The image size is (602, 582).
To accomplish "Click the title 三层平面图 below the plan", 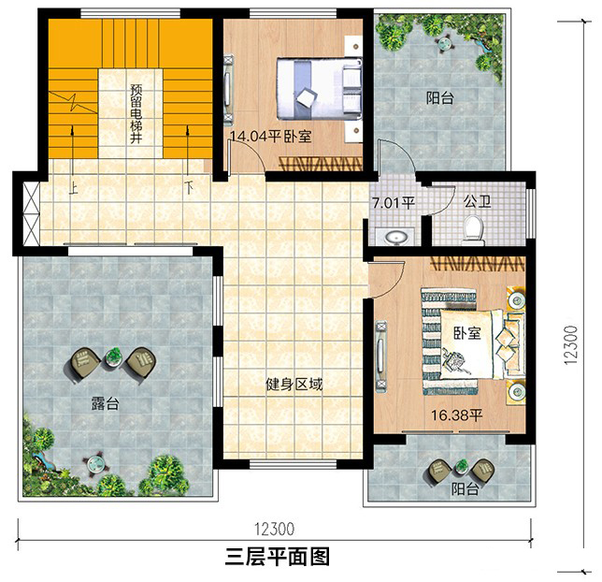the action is (x=278, y=557).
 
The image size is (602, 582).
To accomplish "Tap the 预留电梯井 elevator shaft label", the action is (x=136, y=114).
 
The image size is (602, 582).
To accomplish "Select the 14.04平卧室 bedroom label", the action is (x=271, y=137).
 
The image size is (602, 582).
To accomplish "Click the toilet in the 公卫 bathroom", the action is (x=473, y=230).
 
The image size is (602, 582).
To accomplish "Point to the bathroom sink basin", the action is (x=395, y=237).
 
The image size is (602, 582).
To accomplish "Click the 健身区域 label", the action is (x=294, y=384).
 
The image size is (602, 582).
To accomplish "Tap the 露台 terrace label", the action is (x=105, y=403).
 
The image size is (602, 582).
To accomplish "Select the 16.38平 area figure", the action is (x=456, y=415).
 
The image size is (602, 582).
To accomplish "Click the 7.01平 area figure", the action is (x=394, y=203).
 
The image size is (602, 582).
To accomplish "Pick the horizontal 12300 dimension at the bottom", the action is (x=274, y=529).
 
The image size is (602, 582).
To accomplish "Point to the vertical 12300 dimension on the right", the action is (x=571, y=345).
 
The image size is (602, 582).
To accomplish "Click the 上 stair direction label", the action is (x=73, y=188).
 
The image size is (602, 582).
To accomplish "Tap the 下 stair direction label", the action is (x=189, y=187).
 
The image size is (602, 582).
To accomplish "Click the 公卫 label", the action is (x=478, y=201).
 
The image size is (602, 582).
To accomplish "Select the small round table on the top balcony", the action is (x=445, y=43).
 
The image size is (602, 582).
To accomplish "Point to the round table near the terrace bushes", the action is (x=94, y=463).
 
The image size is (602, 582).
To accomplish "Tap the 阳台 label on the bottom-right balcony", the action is (x=465, y=489).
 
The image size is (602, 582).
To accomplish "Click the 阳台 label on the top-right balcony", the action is (x=440, y=97).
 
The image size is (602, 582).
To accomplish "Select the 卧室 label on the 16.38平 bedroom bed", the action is (x=466, y=333).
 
